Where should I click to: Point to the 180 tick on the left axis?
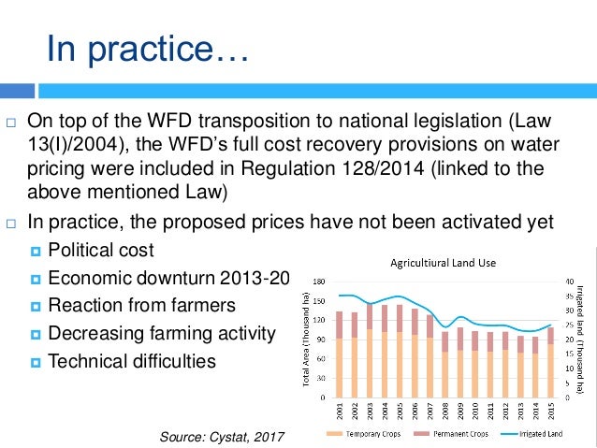(x=318, y=280)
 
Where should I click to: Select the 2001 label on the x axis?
(x=338, y=411)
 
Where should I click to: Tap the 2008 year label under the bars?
(x=444, y=411)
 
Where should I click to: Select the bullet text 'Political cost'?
(x=101, y=251)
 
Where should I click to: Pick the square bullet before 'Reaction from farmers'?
(x=36, y=306)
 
